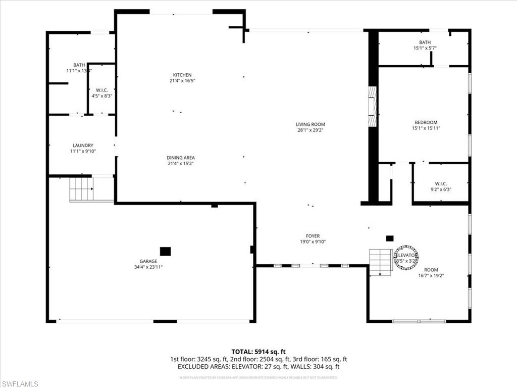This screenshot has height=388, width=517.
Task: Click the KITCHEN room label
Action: click(x=182, y=75)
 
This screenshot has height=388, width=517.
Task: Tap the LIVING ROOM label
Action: click(x=310, y=124)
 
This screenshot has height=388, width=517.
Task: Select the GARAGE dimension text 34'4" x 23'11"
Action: click(x=148, y=267)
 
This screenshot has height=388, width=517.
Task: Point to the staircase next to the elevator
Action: click(x=381, y=261)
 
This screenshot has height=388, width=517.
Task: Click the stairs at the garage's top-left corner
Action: click(x=81, y=189)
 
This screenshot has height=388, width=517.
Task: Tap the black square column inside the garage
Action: click(x=165, y=251)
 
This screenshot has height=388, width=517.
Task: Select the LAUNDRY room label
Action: click(x=82, y=145)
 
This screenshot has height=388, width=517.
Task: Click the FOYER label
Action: click(x=313, y=236)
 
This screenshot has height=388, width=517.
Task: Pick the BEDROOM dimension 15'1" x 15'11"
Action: click(x=426, y=128)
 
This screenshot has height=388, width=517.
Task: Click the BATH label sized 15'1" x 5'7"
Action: click(x=425, y=42)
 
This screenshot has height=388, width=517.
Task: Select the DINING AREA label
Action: click(x=181, y=158)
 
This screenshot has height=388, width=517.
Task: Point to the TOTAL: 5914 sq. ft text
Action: click(x=258, y=351)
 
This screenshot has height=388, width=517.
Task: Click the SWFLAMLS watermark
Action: click(x=20, y=384)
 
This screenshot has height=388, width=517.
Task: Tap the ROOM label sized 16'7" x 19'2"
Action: click(x=431, y=270)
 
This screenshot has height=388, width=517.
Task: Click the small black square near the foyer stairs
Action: click(x=389, y=238)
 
